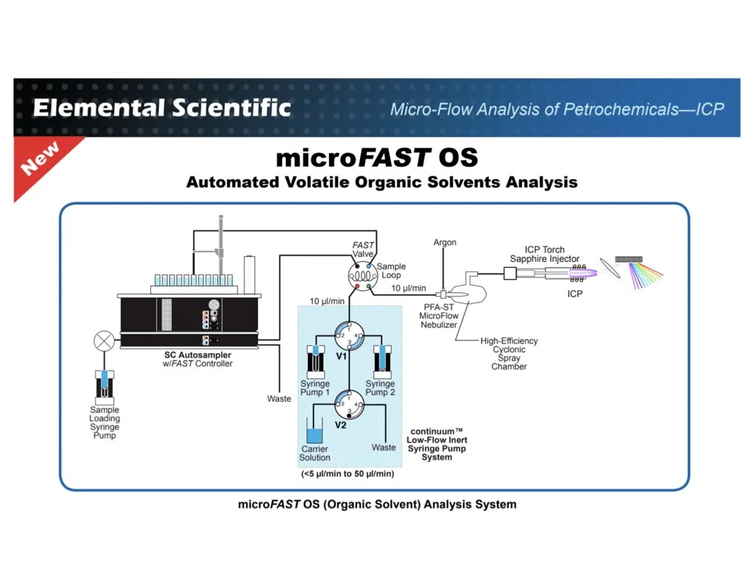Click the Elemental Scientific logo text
[x=162, y=108]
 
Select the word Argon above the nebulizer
[x=445, y=242]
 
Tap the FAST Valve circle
[x=362, y=277]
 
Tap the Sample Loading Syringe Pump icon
[x=105, y=383]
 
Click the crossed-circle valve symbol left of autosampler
[x=105, y=341]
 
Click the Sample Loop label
[x=391, y=271]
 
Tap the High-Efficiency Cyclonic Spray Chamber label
[x=509, y=354]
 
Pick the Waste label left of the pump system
[x=279, y=399]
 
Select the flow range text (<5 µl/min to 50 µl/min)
[x=348, y=474]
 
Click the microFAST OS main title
[x=377, y=157]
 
